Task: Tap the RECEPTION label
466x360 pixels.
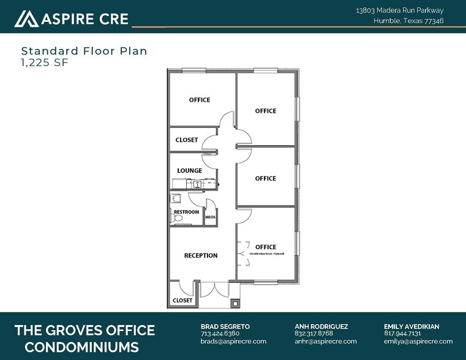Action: [201, 255]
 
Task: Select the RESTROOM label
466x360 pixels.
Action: [186, 212]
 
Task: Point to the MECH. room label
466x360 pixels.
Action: [210, 217]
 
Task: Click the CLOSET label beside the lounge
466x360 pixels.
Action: [187, 140]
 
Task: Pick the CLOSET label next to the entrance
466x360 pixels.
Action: [182, 301]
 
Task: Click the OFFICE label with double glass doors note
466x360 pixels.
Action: [266, 247]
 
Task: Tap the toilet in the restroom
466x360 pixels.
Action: [178, 218]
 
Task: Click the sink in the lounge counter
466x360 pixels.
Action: [197, 183]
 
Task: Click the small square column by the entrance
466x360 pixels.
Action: [235, 302]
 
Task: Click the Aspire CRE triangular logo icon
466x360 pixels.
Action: [26, 19]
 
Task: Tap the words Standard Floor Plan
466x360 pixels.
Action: [84, 51]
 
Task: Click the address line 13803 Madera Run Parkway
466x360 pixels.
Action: [399, 10]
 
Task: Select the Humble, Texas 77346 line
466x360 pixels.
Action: [408, 21]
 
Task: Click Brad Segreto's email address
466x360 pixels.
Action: [233, 342]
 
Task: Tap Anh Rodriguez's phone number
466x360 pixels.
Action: [314, 334]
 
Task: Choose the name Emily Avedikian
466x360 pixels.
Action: [411, 326]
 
